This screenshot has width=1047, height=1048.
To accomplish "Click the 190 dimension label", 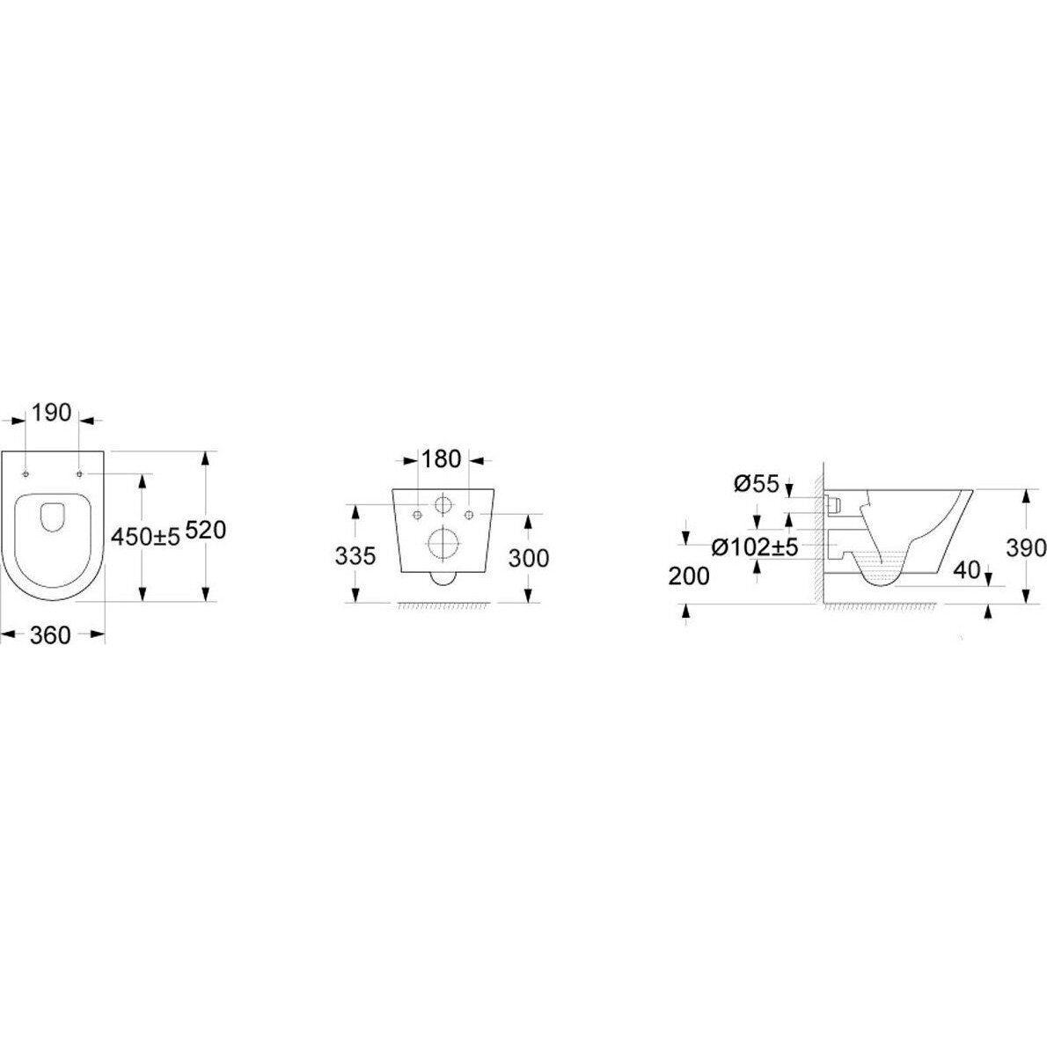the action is [51, 413].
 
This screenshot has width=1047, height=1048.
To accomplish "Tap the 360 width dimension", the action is [50, 635].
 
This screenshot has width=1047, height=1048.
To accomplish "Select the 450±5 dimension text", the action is [146, 536].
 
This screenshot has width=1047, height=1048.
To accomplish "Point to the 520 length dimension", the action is [205, 530].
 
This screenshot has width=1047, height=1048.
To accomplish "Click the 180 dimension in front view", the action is [441, 459].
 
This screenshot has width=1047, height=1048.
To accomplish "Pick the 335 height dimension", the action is [355, 555].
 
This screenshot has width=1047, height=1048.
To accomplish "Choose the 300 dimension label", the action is [529, 557].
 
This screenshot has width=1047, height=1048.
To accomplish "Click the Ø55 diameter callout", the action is [757, 483].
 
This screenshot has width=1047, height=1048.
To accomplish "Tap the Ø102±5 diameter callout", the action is [755, 547].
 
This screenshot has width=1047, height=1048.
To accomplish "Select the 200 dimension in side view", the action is [689, 575].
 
